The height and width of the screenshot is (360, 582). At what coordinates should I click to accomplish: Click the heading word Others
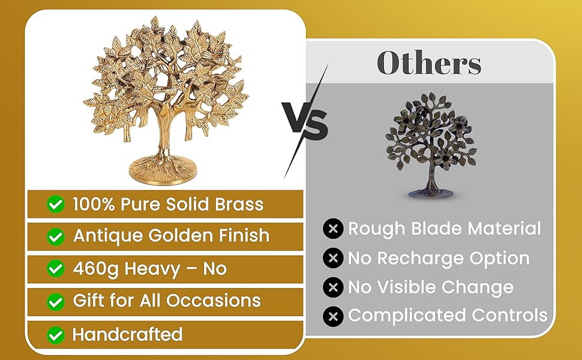429,62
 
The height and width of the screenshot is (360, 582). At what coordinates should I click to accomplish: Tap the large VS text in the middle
305,121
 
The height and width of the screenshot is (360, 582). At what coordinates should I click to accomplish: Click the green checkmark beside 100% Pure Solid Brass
56,204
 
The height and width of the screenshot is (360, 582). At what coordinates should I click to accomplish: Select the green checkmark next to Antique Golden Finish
56,236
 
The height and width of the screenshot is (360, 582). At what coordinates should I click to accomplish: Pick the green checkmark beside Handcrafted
56,335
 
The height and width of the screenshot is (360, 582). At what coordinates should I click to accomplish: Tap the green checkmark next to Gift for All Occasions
56,302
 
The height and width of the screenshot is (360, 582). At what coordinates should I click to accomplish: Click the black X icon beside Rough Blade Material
333,229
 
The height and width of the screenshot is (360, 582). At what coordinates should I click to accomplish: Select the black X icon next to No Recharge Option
333,258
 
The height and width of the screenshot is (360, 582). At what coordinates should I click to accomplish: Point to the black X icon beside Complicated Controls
333,316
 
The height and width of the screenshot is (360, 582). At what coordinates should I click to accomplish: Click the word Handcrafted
127,334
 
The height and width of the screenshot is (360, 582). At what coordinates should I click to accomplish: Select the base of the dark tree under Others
431,193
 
